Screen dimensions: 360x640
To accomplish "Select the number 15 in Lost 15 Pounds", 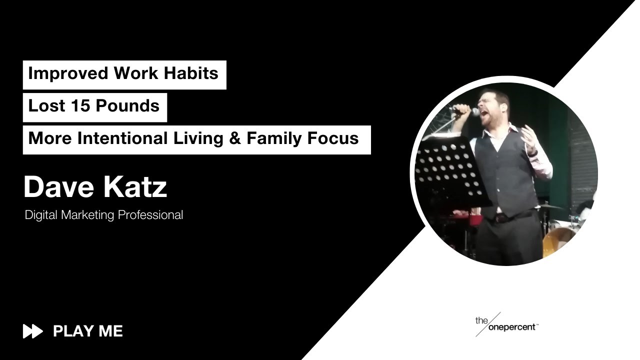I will tap(78, 106).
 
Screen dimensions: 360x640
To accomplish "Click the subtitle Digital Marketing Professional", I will tap(104, 215).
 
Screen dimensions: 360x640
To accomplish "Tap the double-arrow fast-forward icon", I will tap(33, 331).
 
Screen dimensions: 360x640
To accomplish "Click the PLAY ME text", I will tap(88, 331).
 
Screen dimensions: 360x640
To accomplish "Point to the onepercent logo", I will tap(506, 325).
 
